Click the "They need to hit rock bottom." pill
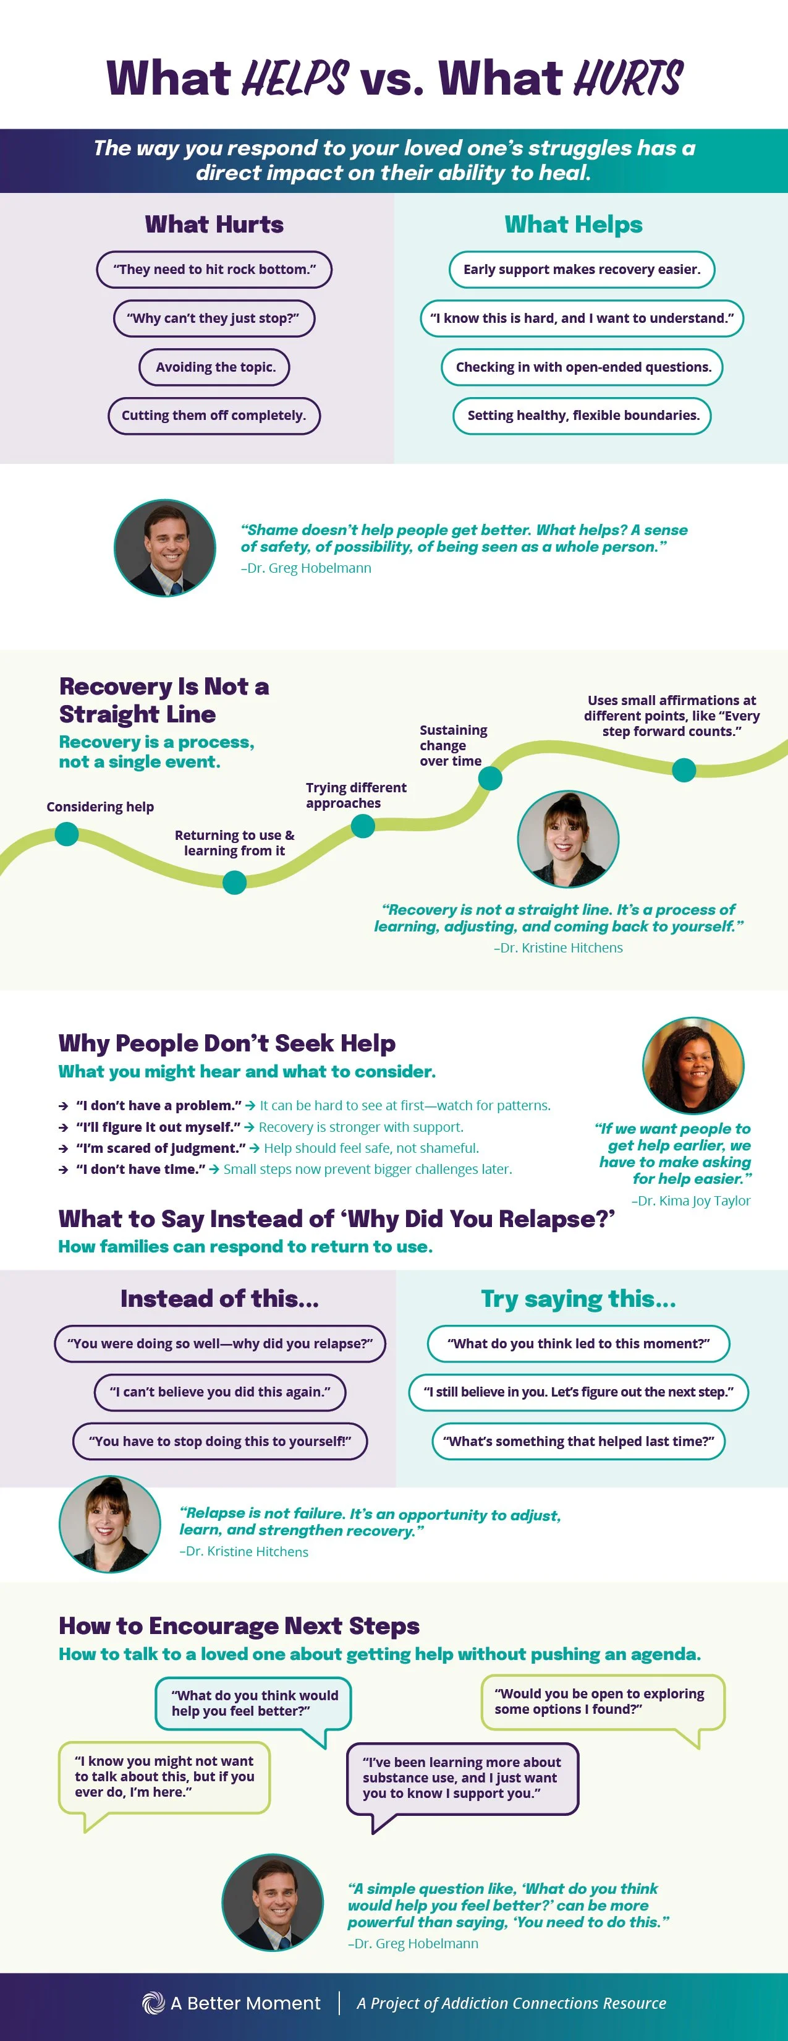[214, 270]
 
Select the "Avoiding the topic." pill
[214, 367]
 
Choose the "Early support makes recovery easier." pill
[582, 270]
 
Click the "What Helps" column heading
[574, 225]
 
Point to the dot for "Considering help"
[67, 834]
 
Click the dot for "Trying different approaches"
[363, 826]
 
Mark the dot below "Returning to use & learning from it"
[234, 882]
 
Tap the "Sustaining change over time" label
[453, 745]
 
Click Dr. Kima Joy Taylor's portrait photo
[693, 1066]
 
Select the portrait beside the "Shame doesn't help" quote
[165, 547]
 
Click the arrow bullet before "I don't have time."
[64, 1170]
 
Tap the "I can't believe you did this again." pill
[220, 1392]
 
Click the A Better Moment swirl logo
[153, 2003]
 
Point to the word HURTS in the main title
[627, 79]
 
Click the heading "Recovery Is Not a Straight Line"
[164, 700]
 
